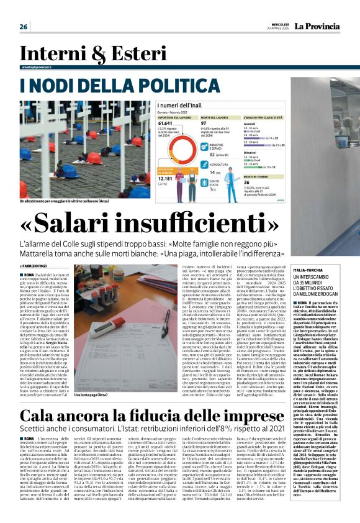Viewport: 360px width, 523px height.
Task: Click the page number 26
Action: point(24,27)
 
